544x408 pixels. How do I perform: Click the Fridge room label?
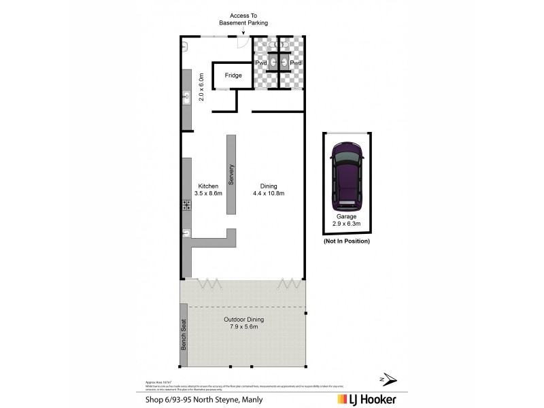point(233,75)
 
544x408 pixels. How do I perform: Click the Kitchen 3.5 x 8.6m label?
point(208,190)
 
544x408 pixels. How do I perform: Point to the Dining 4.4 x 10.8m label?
point(276,190)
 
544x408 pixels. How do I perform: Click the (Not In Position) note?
point(347,241)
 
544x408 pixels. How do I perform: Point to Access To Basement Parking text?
point(243,19)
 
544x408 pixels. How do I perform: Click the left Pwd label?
point(261,63)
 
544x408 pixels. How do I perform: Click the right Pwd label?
point(296,63)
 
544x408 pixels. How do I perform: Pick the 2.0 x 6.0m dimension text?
point(201,88)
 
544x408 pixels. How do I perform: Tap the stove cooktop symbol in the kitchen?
point(186,205)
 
